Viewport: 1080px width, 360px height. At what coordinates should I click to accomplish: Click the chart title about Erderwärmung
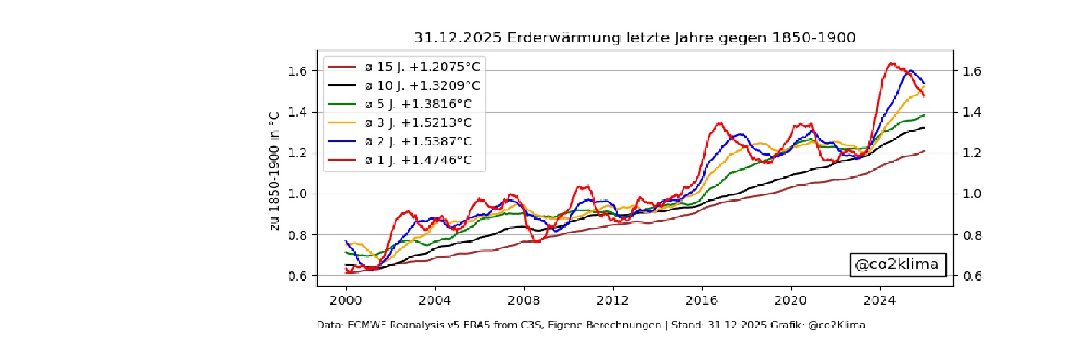(634, 37)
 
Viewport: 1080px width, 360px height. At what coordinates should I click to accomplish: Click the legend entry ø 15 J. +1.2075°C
(421, 67)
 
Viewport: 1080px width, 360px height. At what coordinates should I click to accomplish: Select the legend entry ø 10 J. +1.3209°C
(421, 86)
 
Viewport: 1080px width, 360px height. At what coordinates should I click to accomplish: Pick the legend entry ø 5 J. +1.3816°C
(421, 104)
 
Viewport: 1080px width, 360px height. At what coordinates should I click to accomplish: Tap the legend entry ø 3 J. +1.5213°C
(421, 122)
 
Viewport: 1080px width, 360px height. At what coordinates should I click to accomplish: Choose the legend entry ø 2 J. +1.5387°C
(421, 141)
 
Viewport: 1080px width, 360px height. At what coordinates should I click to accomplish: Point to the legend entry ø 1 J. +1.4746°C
(421, 160)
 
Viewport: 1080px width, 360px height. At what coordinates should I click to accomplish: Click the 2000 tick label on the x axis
(346, 298)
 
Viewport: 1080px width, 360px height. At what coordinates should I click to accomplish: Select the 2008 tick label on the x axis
(523, 298)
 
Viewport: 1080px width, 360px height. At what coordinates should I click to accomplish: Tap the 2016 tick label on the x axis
(702, 298)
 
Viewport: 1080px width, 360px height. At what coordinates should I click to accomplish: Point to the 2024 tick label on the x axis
(880, 298)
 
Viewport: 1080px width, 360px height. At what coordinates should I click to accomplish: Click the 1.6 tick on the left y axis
(298, 71)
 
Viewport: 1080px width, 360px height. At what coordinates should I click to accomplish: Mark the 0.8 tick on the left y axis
(298, 235)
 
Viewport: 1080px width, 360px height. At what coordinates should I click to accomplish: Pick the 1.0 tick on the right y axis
(971, 194)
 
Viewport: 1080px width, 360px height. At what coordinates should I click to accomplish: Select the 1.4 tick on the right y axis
(971, 112)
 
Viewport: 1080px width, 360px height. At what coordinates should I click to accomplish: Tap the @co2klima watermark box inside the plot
(896, 265)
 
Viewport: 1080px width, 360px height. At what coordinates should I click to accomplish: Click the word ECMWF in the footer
(361, 325)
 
